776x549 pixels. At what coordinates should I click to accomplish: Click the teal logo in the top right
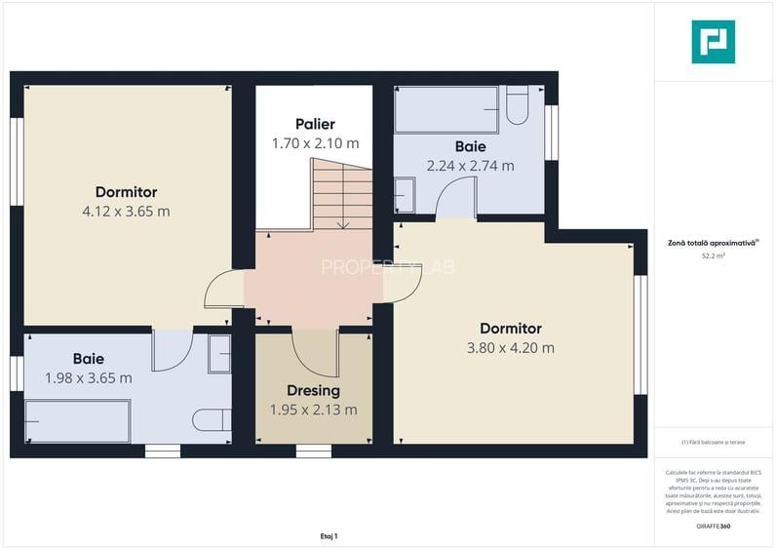[713, 42]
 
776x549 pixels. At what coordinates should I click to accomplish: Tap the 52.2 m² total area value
[713, 256]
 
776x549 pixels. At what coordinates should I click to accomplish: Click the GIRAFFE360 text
[713, 527]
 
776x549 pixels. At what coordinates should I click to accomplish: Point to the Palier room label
[315, 124]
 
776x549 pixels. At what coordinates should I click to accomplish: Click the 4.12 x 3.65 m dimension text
[126, 211]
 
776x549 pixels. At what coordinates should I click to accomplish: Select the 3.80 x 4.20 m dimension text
[510, 347]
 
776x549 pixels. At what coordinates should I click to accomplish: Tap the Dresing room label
[313, 391]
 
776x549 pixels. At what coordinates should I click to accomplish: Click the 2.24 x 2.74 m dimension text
[470, 166]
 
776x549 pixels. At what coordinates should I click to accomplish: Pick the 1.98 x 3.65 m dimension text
[88, 377]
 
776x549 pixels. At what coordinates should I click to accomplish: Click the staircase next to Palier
[342, 195]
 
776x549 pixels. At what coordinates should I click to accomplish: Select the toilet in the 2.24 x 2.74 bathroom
[518, 106]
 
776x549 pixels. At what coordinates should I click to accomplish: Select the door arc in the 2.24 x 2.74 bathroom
[455, 199]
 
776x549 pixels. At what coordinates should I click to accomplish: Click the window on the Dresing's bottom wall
[313, 451]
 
